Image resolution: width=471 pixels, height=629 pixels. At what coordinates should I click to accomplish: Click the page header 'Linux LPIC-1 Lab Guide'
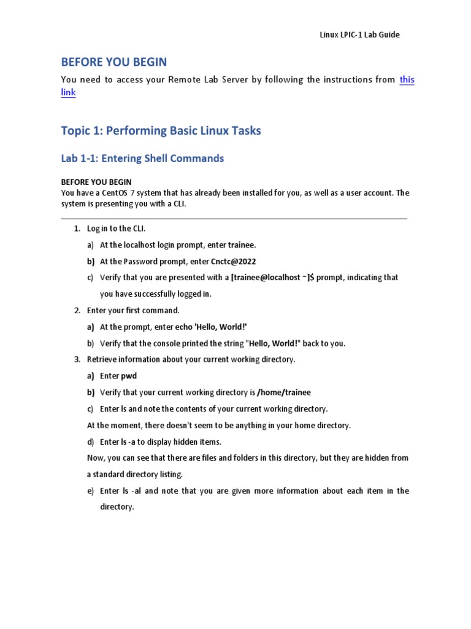[359, 35]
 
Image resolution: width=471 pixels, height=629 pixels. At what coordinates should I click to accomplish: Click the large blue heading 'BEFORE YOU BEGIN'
[113, 62]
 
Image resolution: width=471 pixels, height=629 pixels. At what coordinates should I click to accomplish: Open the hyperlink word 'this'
[407, 80]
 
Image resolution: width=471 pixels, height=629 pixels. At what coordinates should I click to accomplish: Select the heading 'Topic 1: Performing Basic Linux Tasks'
[161, 131]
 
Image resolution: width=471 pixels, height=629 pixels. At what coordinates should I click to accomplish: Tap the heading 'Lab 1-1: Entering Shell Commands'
[142, 158]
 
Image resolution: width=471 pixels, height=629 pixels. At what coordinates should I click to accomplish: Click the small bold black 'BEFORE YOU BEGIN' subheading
[96, 182]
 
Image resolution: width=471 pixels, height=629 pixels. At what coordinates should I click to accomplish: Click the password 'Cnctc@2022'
[233, 261]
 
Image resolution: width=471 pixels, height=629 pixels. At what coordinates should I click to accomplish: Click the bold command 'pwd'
[128, 376]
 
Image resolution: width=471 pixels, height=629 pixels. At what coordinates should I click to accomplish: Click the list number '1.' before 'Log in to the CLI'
[77, 229]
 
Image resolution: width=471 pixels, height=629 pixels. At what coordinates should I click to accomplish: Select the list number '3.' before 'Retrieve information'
[77, 359]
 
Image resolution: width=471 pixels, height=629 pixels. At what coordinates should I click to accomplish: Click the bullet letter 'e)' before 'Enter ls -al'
[91, 491]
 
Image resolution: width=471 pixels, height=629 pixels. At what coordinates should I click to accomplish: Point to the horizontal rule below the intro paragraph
[234, 218]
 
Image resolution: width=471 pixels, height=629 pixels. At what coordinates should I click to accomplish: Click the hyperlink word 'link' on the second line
[69, 93]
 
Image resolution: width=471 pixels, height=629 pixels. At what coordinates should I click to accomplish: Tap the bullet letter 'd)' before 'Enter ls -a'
[91, 442]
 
